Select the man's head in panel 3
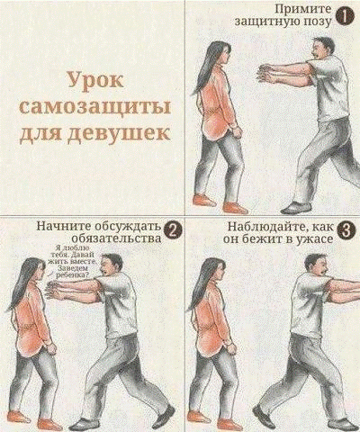(x=315, y=267)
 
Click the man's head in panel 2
(x=113, y=266)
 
